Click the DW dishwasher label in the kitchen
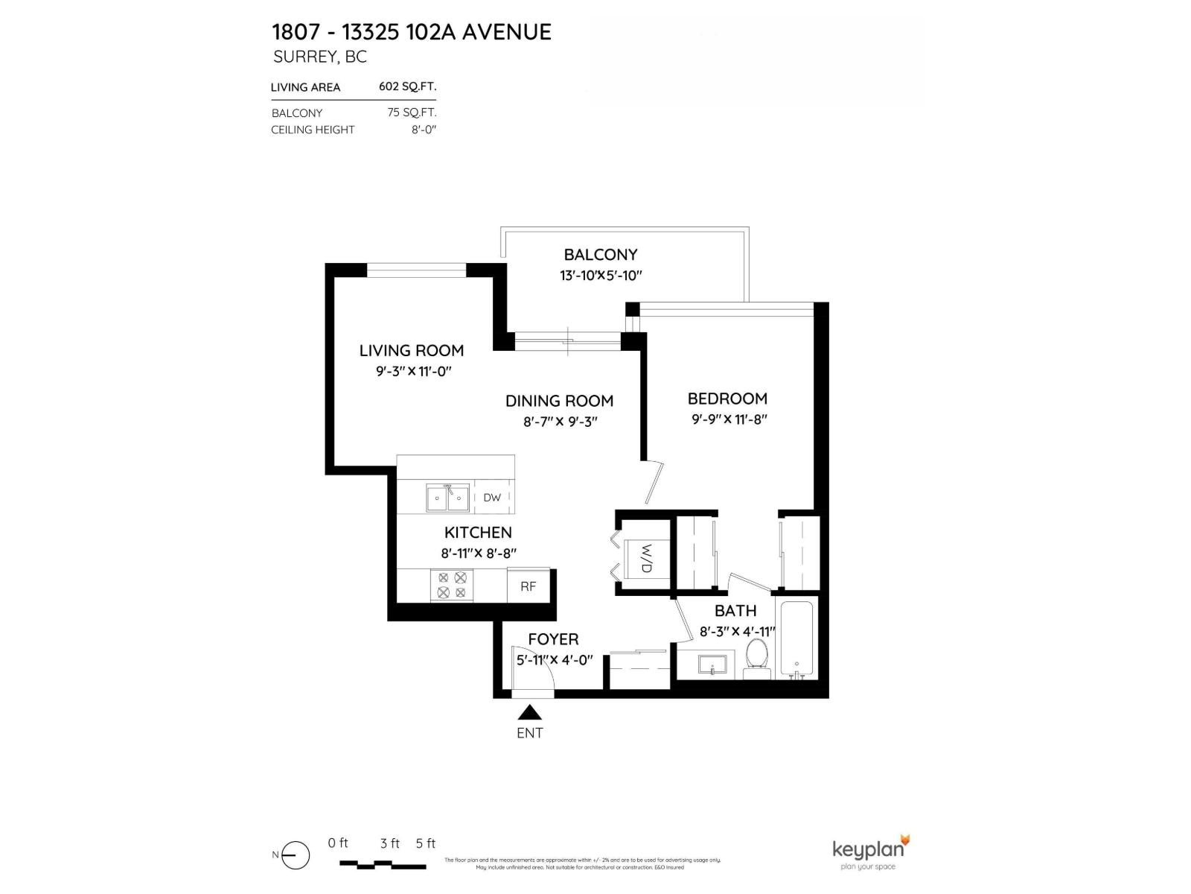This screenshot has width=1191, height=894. [x=492, y=498]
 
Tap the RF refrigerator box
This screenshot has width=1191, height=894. [x=528, y=586]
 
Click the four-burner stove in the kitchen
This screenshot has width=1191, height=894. [x=452, y=585]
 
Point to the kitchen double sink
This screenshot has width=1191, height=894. [x=447, y=498]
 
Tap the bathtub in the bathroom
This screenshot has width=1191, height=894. [x=796, y=639]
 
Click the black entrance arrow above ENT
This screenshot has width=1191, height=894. [x=529, y=713]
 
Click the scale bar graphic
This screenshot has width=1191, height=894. [x=383, y=865]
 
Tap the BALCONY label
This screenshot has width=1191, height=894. [x=600, y=255]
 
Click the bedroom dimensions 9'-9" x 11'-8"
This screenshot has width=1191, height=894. [x=729, y=419]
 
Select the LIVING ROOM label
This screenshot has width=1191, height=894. [x=411, y=350]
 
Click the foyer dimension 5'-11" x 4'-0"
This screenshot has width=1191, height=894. [x=554, y=659]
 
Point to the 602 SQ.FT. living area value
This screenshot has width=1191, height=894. [x=406, y=86]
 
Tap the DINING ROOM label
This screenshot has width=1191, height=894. [x=559, y=401]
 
